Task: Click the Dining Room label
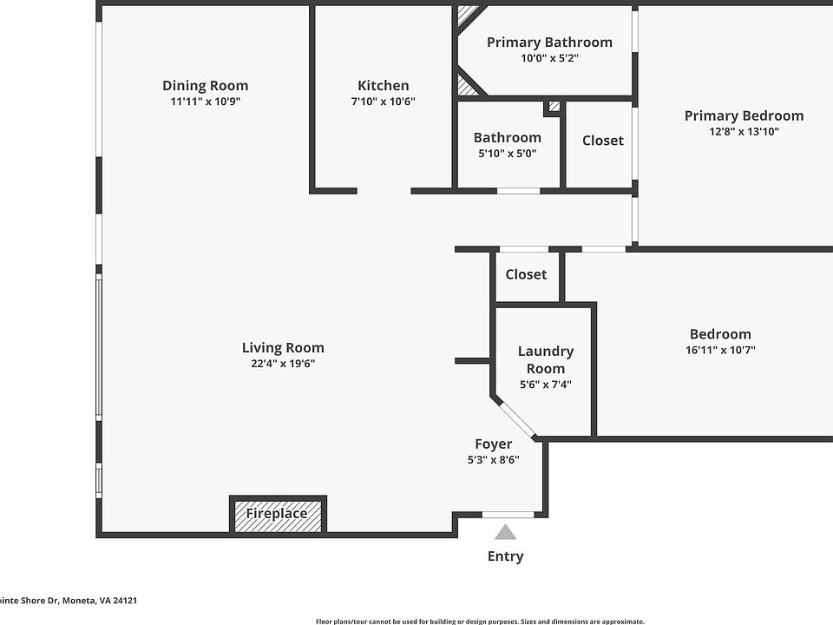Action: coord(205,85)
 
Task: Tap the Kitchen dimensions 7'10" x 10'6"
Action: coord(383,102)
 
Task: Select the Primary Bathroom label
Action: coord(549,43)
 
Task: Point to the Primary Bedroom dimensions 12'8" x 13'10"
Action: coord(744,132)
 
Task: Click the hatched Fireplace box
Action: coord(277,514)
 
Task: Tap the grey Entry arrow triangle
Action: coord(505,532)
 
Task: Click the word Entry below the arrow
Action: coord(505,556)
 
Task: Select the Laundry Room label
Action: coord(545,359)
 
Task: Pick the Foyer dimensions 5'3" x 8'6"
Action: coord(493,460)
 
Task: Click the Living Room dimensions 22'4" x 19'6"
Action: coord(283,364)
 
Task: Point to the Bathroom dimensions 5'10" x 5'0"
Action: coord(507,153)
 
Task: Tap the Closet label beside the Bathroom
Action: coord(602,141)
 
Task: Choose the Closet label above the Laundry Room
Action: coord(526,274)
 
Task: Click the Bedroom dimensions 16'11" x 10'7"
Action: coord(720,350)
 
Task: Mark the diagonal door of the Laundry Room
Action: coord(518,418)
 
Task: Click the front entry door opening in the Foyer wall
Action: coord(508,515)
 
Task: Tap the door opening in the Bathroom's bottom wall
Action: coord(518,190)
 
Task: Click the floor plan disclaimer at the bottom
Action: coord(480,621)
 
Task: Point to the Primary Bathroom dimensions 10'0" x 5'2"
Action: coord(549,58)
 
